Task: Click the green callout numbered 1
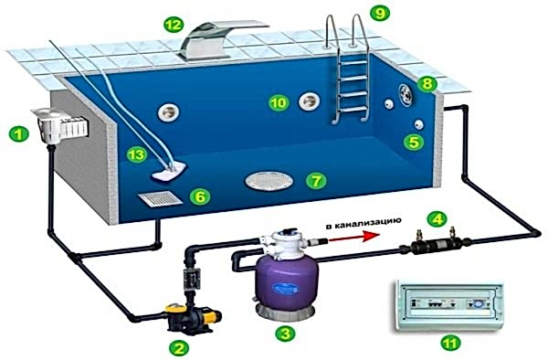pos(19,134)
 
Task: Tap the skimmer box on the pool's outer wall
pos(60,125)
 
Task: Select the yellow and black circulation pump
pos(192,317)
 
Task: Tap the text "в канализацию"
pos(363,224)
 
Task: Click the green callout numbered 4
pos(437,218)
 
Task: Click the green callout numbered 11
pos(450,343)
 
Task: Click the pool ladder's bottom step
pos(353,110)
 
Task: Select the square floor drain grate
pos(161,198)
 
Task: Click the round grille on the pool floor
pos(269,181)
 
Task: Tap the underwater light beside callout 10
pos(310,101)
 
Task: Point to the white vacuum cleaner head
pos(169,171)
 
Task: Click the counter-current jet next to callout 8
pos(406,94)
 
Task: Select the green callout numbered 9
pos(380,13)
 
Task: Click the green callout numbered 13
pos(136,154)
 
